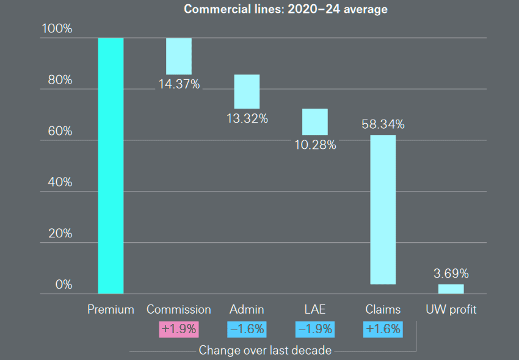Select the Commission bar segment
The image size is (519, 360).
[x=179, y=56]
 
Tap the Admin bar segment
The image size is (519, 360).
[x=247, y=92]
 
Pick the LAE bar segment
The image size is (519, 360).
[x=314, y=121]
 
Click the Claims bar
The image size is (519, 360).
[x=383, y=209]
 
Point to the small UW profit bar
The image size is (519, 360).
[x=451, y=289]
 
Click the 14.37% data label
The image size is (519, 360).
[x=179, y=84]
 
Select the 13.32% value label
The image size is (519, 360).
[x=247, y=118]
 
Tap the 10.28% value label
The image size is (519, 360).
[x=315, y=145]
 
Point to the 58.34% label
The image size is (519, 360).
[x=383, y=124]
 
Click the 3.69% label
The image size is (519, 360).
[x=451, y=273]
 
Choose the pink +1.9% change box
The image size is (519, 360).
[x=179, y=329]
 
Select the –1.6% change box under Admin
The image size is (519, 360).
[x=247, y=329]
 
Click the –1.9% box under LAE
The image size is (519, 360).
[x=314, y=329]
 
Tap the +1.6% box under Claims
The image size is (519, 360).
[x=383, y=329]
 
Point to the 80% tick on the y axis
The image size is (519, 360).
[x=56, y=80]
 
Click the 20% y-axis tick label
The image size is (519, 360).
[x=56, y=234]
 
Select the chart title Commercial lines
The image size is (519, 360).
[x=285, y=9]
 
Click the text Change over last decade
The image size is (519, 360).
[x=265, y=350]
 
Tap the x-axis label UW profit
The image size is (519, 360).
[x=451, y=309]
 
